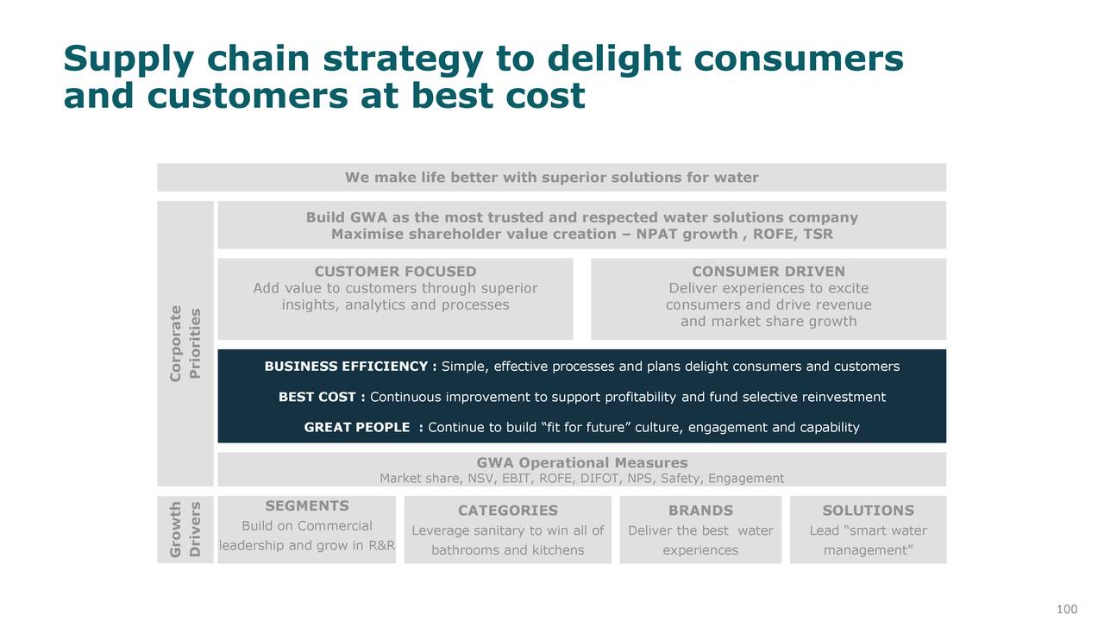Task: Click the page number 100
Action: (1067, 609)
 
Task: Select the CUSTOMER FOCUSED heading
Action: (395, 272)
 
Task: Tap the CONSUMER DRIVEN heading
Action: (768, 272)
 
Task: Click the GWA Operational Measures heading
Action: (582, 463)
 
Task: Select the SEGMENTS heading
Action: (307, 506)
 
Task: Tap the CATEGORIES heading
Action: (508, 511)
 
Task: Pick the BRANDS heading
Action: (700, 511)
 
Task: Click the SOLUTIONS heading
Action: (868, 511)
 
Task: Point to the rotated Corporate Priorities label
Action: (185, 343)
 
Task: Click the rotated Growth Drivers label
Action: (185, 530)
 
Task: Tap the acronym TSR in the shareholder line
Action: (819, 234)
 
